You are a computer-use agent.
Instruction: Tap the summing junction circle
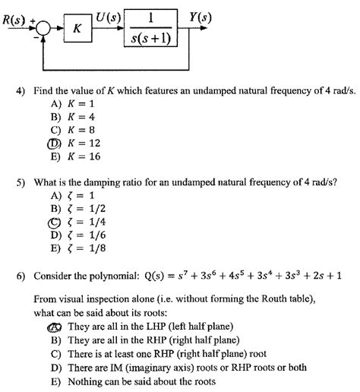click(43, 29)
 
